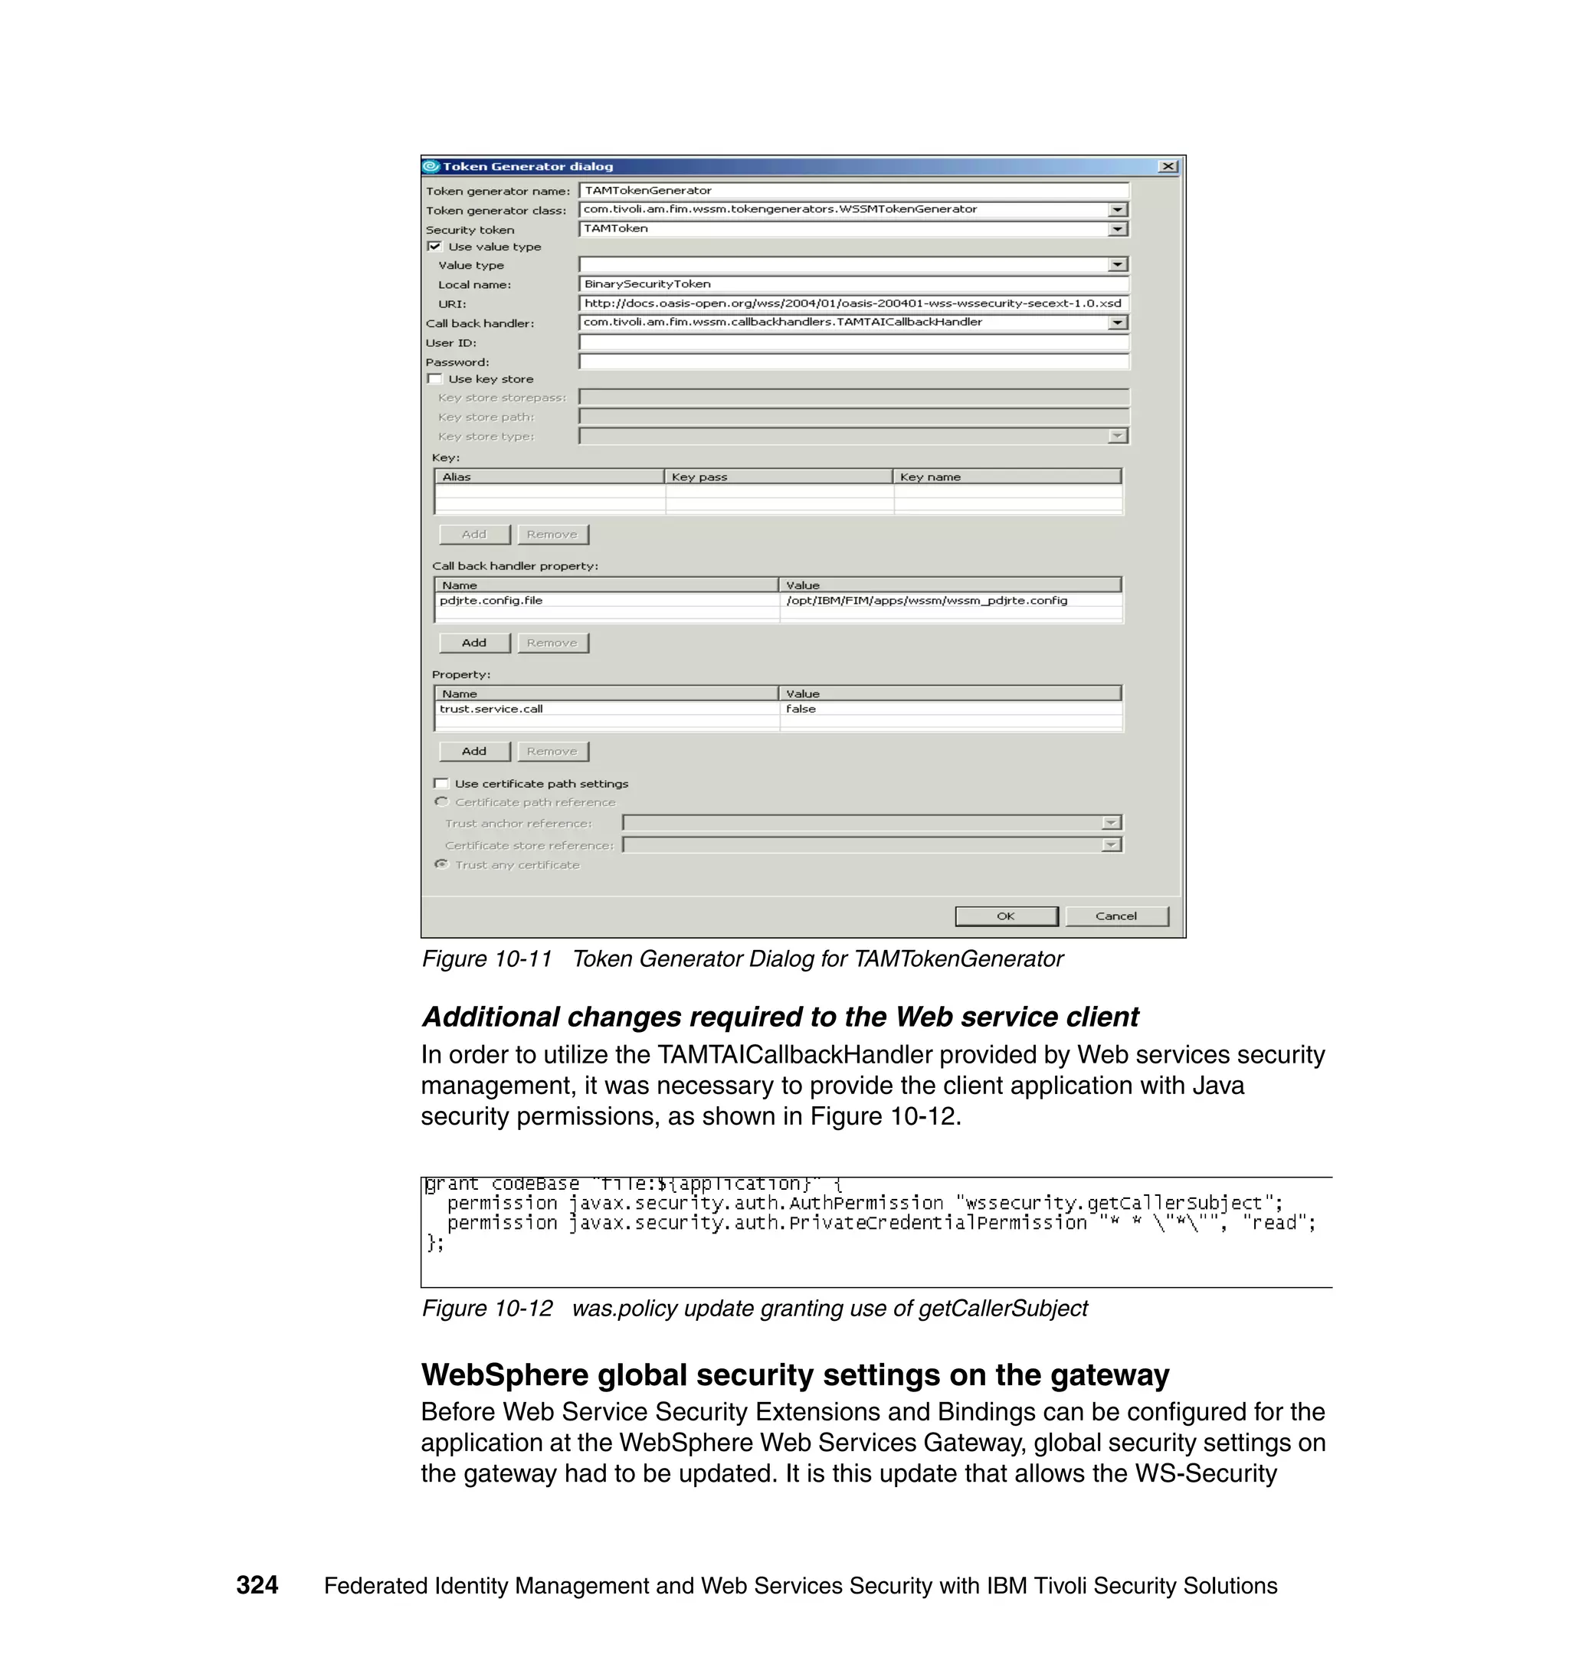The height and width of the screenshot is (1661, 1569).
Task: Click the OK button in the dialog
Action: [x=1005, y=916]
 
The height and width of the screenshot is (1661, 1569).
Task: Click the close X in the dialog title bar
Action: [x=1168, y=166]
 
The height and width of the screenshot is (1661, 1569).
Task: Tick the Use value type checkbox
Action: [x=434, y=246]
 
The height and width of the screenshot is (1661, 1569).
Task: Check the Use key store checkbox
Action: [x=434, y=379]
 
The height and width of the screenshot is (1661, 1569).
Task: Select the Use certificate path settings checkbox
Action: [x=441, y=784]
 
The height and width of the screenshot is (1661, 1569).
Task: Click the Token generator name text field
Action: [x=853, y=191]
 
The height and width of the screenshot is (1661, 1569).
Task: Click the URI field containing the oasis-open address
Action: [x=853, y=303]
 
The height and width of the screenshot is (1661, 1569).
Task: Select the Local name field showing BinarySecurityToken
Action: [x=853, y=284]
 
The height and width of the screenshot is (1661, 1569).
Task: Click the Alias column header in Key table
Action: [x=549, y=477]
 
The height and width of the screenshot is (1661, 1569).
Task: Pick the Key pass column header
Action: [x=778, y=477]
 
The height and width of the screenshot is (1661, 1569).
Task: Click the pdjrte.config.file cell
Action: [x=606, y=601]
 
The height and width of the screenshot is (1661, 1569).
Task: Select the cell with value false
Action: [x=949, y=709]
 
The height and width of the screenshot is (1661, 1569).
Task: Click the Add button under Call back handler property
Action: [x=474, y=642]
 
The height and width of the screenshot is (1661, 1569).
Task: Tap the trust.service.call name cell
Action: [x=606, y=709]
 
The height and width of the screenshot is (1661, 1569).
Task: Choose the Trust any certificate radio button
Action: [x=441, y=864]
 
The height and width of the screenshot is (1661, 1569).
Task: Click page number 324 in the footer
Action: [x=257, y=1585]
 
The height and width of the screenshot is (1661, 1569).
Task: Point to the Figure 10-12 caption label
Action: [x=486, y=1308]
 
